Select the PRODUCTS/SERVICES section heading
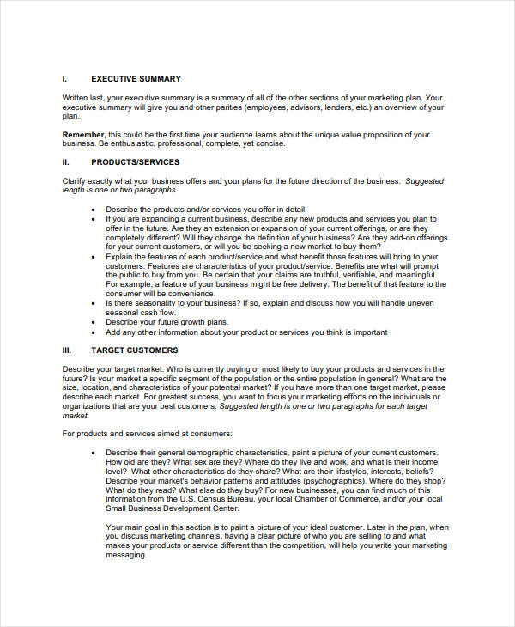pos(135,161)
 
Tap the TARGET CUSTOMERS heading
pos(134,350)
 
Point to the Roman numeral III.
pos(67,350)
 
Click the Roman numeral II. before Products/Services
pos(66,161)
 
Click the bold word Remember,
pos(84,135)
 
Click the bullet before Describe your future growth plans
pos(92,322)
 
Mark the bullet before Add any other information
pos(92,332)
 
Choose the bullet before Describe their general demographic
pos(92,453)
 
